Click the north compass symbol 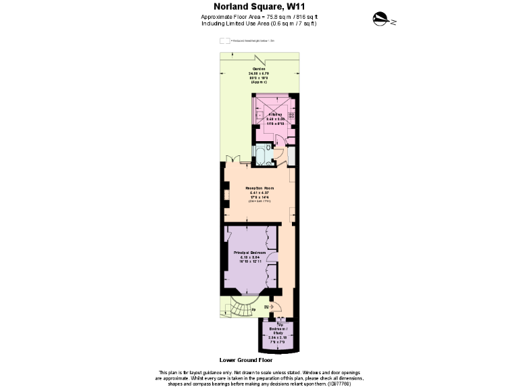[383, 20]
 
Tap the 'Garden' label [259, 69]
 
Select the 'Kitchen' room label [273, 115]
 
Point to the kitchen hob [291, 115]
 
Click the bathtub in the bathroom [263, 156]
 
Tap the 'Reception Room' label [259, 187]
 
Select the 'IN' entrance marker [266, 307]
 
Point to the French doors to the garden [233, 159]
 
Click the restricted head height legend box [224, 41]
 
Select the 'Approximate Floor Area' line [259, 17]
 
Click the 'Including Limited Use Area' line [259, 24]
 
